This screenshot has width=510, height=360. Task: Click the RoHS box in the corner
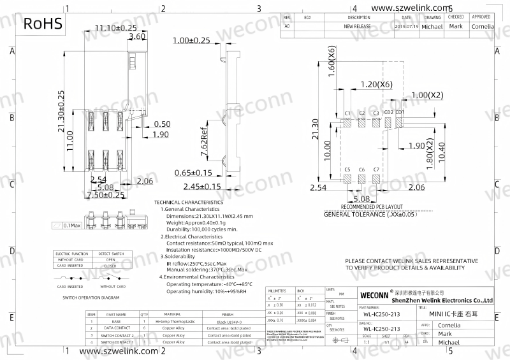(x=43, y=24)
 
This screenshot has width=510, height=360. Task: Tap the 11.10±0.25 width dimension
(x=116, y=28)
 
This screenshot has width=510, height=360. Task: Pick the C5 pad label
(x=347, y=170)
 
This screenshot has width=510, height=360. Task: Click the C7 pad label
(x=376, y=170)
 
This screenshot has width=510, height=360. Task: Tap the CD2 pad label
(x=388, y=113)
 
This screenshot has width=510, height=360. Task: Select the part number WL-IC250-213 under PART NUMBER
(x=382, y=313)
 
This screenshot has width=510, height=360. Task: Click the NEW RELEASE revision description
(x=358, y=27)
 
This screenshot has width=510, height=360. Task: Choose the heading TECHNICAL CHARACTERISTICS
(x=189, y=202)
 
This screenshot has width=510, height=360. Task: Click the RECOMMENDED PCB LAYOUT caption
(x=372, y=207)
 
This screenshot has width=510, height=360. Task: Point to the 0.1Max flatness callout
(x=69, y=225)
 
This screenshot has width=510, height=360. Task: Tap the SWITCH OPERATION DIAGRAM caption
(x=91, y=298)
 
